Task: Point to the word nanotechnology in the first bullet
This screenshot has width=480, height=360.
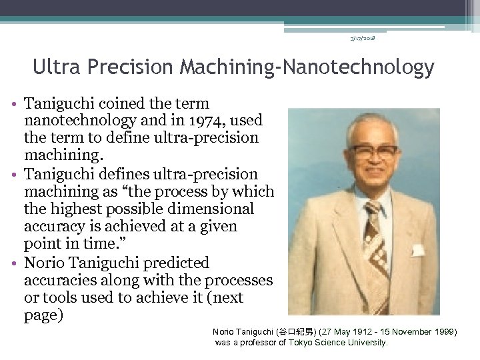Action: point(81,121)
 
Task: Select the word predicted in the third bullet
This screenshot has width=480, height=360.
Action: point(176,263)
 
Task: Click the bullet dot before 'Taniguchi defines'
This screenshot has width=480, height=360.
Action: point(15,175)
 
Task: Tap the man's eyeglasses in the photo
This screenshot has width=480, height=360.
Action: point(374,151)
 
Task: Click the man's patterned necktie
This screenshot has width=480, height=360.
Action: point(377,240)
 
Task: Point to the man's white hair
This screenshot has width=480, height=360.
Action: point(373,123)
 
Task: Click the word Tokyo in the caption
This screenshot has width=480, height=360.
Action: point(301,342)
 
